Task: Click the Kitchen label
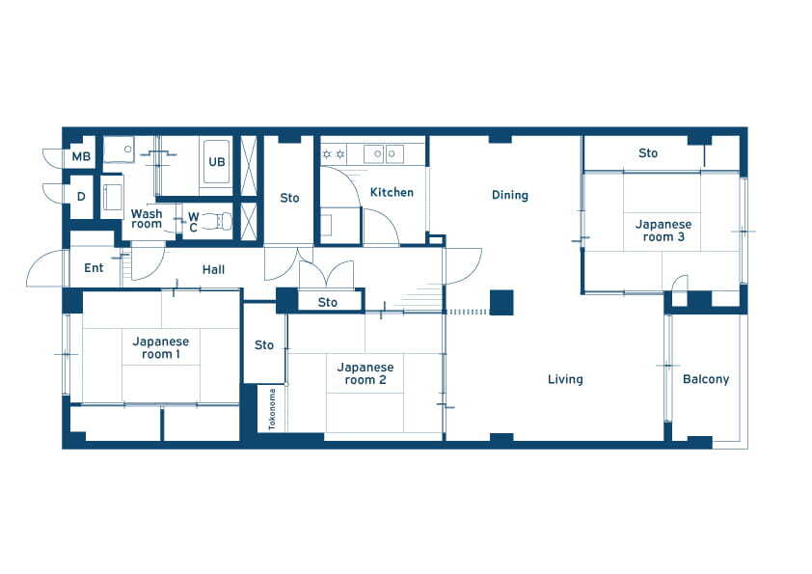click(x=392, y=192)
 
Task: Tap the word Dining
click(x=510, y=195)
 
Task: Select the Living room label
click(x=565, y=380)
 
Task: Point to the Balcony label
click(x=706, y=379)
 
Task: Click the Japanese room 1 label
click(x=160, y=347)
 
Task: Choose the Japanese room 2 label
click(x=365, y=373)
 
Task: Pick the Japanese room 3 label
click(x=663, y=231)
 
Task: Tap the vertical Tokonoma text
click(x=272, y=409)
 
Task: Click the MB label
click(x=81, y=156)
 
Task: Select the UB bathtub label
click(x=216, y=162)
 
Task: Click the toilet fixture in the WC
click(x=217, y=221)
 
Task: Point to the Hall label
click(x=213, y=269)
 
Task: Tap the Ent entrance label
click(x=94, y=268)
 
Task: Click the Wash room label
click(x=147, y=219)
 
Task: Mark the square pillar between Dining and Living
click(x=501, y=303)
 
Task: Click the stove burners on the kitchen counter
click(x=334, y=154)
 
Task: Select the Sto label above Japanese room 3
click(x=648, y=152)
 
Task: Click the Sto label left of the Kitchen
click(x=289, y=198)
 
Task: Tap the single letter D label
click(x=81, y=197)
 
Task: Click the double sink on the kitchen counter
click(x=384, y=153)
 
